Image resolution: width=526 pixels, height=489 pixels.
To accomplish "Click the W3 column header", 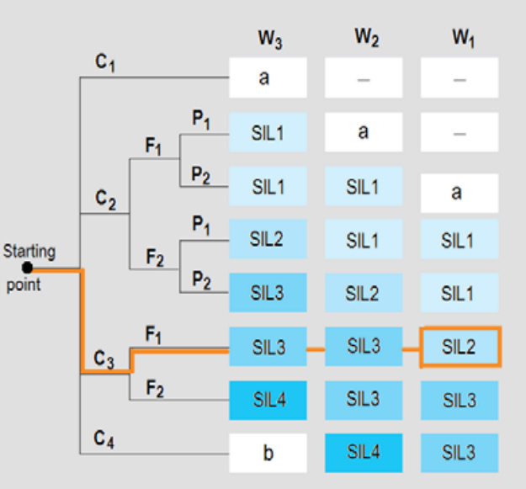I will pos(269,40).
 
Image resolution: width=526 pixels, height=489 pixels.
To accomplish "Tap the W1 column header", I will pos(460,40).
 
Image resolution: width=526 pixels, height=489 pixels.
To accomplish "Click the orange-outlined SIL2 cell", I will pos(460,347).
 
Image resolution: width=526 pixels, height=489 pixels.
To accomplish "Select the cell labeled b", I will pos(268,454).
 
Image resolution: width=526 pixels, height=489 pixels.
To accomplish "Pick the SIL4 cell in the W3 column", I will pos(268,400).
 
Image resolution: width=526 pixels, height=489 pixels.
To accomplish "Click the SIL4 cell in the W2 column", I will pos(364,453).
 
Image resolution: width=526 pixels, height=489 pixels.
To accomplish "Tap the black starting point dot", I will pos(29,268).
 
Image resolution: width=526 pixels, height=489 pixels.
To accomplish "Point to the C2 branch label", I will pos(105,199).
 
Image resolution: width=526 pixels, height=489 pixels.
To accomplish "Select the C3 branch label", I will pos(104,360).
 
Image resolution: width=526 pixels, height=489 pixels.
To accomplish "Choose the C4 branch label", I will pos(104,439).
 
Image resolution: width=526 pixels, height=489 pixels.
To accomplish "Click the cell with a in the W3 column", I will pos(268,78).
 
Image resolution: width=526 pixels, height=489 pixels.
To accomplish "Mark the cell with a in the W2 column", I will pos(364,132).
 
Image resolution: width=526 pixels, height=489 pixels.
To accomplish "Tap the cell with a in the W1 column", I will pos(460,193).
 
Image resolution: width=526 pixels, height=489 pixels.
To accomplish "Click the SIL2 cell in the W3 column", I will pos(268,240).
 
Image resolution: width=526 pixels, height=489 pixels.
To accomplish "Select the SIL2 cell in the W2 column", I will pos(364,293).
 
